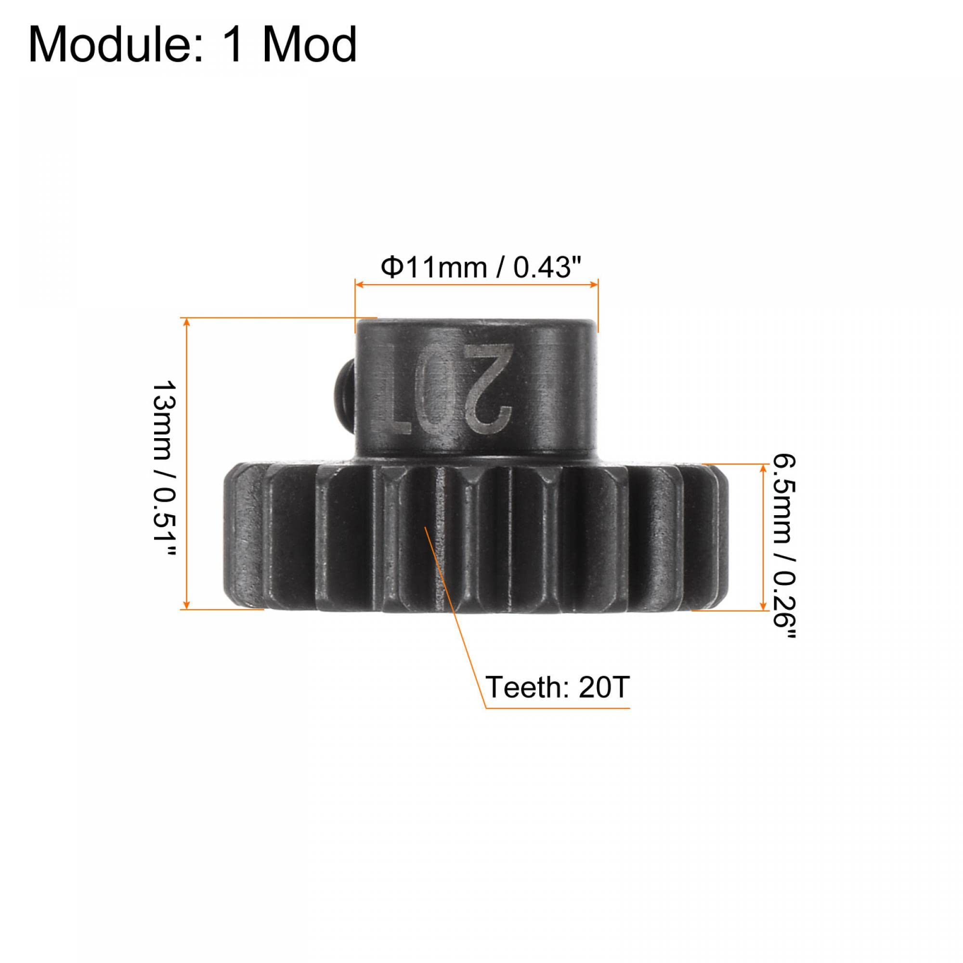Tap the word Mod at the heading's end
coord(309,45)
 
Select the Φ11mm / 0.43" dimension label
coord(481,268)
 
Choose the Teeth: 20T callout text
coord(557,688)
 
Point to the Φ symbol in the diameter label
coord(392,268)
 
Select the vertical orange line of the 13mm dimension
coord(186,464)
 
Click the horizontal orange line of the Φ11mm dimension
coord(477,285)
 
